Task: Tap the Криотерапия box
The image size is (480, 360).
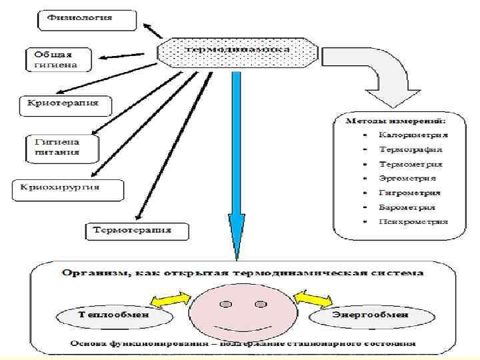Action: click(x=64, y=103)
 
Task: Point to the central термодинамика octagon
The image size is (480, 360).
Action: click(x=236, y=50)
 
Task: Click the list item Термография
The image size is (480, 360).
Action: click(x=410, y=149)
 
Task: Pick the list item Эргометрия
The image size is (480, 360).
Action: click(x=407, y=178)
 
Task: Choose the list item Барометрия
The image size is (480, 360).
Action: click(x=408, y=207)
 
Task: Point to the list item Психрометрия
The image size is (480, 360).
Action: click(x=413, y=221)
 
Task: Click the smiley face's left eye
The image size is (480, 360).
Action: click(x=225, y=304)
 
